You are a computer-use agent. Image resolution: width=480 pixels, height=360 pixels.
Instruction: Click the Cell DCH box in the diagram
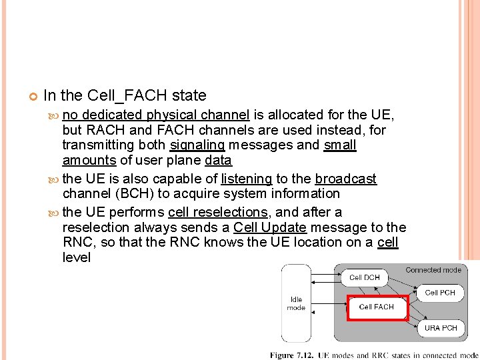[x=365, y=277]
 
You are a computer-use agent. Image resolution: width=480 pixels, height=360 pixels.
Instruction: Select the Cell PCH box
[x=440, y=292]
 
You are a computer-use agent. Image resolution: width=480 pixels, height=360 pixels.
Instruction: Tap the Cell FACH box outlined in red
[x=377, y=307]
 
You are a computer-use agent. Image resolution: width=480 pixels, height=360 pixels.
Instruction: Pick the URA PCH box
[x=440, y=327]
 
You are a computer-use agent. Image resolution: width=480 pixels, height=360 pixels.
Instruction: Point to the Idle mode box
[x=296, y=304]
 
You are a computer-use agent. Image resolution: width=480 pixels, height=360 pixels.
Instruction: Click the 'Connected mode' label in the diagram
[x=433, y=270]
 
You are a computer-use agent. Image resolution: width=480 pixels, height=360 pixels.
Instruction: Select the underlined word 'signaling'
[x=198, y=145]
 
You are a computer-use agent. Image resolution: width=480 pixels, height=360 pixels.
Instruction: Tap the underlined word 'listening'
[x=246, y=179]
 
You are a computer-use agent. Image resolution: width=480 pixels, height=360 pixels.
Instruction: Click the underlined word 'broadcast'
[x=346, y=179]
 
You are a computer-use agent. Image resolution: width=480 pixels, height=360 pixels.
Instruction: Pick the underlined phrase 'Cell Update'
[x=269, y=227]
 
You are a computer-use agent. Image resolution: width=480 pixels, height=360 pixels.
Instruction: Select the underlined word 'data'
[x=218, y=161]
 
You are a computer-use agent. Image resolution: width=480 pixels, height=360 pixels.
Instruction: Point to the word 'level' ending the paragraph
[x=76, y=257]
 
